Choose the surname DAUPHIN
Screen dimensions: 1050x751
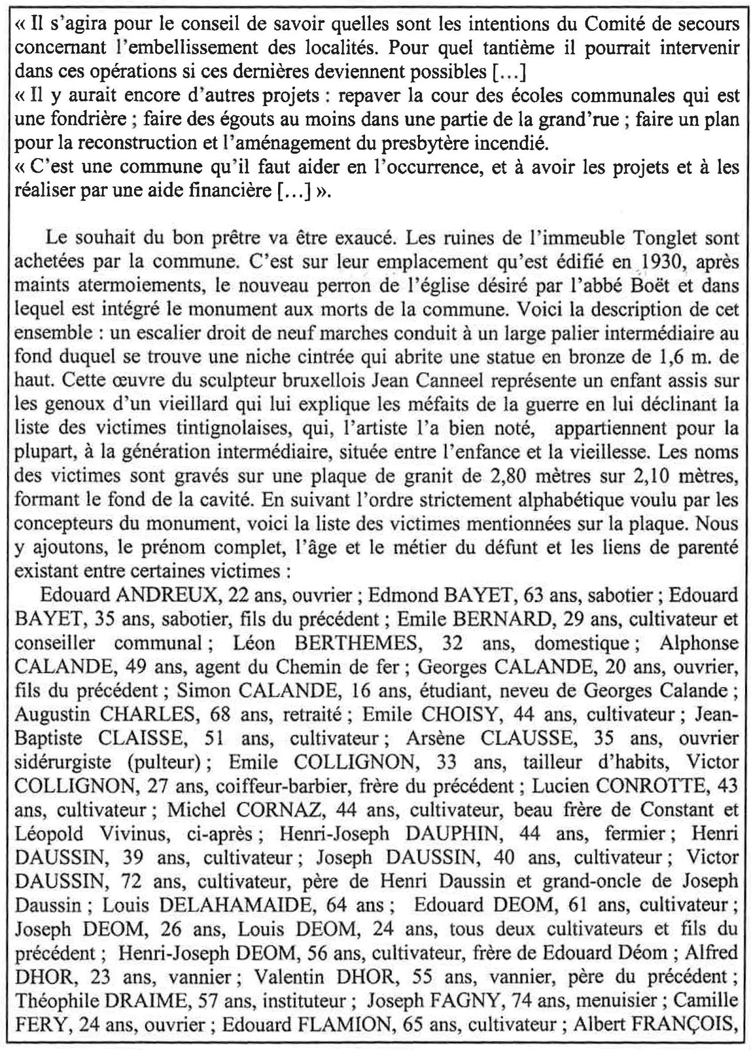(457, 834)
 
